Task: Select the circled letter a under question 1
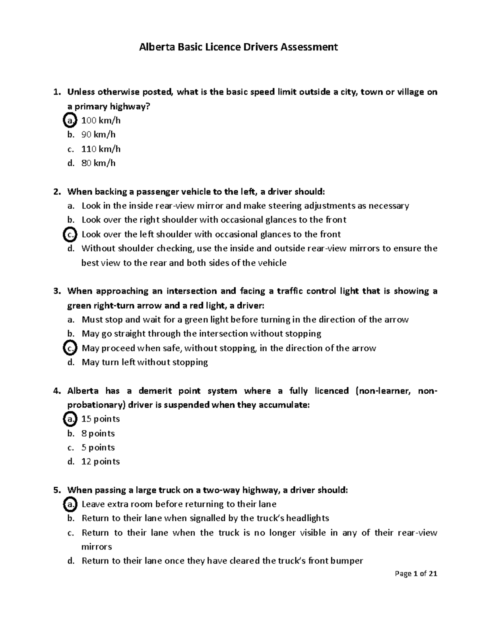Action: [70, 120]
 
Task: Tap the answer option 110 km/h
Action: [101, 149]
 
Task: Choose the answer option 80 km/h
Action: [98, 163]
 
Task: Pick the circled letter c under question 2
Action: [70, 234]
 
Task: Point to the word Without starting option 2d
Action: [97, 249]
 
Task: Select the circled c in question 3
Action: [70, 348]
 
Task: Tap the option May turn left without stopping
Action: [145, 362]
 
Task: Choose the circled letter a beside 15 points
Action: [70, 419]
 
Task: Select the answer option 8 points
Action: [98, 433]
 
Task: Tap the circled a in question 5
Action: [70, 504]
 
